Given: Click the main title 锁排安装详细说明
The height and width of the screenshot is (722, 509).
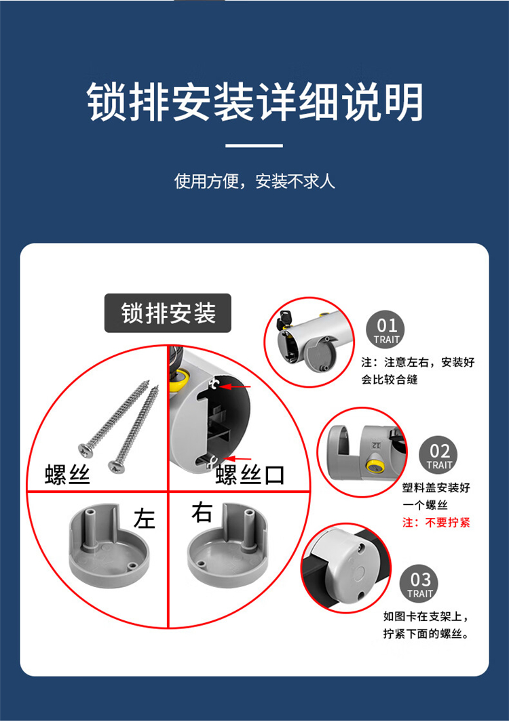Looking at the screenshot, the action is [255, 102].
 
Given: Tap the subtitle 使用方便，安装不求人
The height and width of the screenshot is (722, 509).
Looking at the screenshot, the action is [254, 181].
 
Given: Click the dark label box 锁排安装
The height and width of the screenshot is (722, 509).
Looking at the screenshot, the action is [168, 313].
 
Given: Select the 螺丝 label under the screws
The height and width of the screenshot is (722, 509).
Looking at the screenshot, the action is [67, 475].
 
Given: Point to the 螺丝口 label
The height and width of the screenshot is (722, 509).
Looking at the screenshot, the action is [250, 475].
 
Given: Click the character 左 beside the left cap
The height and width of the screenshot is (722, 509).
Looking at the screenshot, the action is [145, 519].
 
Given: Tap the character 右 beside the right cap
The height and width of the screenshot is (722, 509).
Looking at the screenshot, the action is [202, 512].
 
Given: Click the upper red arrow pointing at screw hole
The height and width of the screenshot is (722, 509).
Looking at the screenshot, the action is [235, 387].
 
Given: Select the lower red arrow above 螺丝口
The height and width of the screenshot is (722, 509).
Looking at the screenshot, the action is [238, 458].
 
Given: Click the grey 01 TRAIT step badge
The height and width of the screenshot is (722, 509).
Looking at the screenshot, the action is [385, 330].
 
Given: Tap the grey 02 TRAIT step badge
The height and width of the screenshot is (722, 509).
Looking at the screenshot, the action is [438, 455].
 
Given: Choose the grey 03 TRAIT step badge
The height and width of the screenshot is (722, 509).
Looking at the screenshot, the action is [419, 584].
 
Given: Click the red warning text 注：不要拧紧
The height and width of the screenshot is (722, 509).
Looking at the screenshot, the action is [436, 523].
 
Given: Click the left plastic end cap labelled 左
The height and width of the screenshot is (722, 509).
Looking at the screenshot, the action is [109, 546].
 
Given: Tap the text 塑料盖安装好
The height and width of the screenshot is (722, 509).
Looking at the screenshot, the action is [436, 487].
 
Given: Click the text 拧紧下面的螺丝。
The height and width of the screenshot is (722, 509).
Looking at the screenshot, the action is [426, 634].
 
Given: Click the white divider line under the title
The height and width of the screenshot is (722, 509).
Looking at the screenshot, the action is [254, 146].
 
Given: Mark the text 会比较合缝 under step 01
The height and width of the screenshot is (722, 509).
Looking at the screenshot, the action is [390, 380].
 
